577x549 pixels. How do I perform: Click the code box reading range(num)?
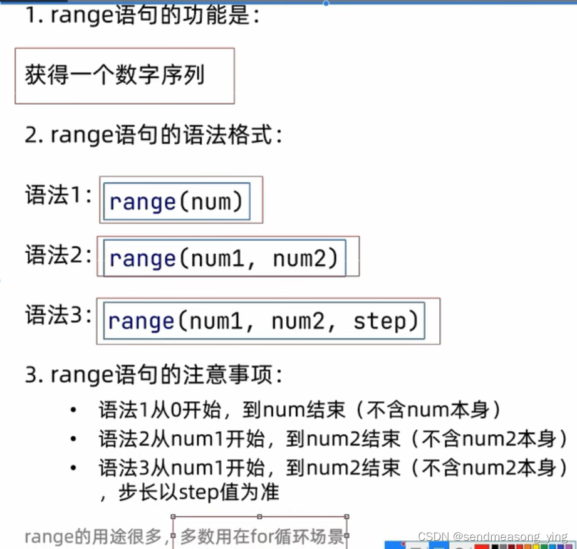176,202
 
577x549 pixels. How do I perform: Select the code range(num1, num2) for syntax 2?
224,258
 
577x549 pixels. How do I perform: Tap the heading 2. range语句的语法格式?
153,135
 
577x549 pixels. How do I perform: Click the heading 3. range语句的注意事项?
153,375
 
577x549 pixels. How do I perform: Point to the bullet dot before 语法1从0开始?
74,411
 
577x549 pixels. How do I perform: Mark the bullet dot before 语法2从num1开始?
74,439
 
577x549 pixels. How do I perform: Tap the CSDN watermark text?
492,536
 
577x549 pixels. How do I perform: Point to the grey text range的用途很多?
93,537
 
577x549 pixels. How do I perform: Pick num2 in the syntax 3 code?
298,321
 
